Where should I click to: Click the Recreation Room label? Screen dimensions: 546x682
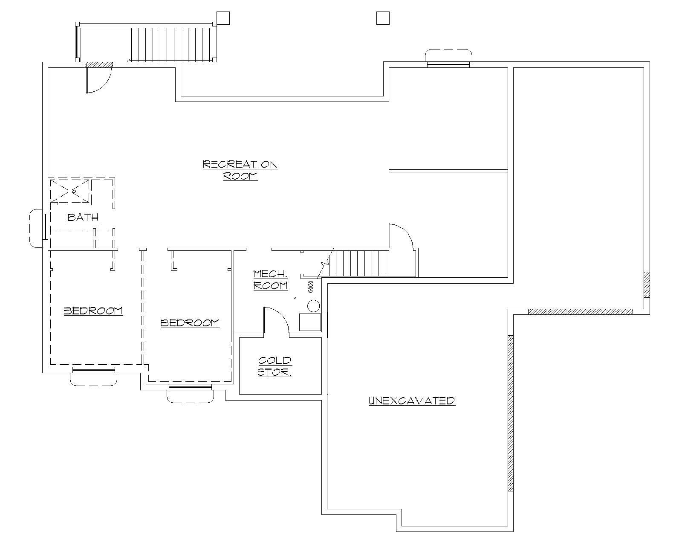pyautogui.click(x=240, y=170)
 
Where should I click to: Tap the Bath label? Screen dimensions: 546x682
pyautogui.click(x=83, y=218)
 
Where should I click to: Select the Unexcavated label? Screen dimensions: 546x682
pyautogui.click(x=412, y=401)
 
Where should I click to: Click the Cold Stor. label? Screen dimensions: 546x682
pyautogui.click(x=275, y=366)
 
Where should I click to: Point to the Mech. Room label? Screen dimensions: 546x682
pyautogui.click(x=270, y=280)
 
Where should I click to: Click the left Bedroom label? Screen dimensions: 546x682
pyautogui.click(x=93, y=311)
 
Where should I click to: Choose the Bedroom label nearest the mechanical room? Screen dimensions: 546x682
pyautogui.click(x=190, y=323)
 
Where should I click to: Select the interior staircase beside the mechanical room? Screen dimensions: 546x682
pyautogui.click(x=358, y=263)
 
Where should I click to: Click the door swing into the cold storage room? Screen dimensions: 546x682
pyautogui.click(x=276, y=320)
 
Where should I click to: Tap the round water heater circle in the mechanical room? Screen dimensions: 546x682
pyautogui.click(x=314, y=306)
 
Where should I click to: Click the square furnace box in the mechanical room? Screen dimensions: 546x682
pyautogui.click(x=310, y=322)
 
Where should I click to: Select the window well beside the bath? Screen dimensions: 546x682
pyautogui.click(x=36, y=228)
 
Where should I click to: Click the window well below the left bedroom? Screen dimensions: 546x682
pyautogui.click(x=93, y=378)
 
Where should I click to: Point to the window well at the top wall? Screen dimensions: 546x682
pyautogui.click(x=448, y=56)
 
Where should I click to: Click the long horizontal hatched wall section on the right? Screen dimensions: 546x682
pyautogui.click(x=580, y=312)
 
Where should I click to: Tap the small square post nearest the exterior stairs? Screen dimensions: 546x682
pyautogui.click(x=223, y=17)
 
